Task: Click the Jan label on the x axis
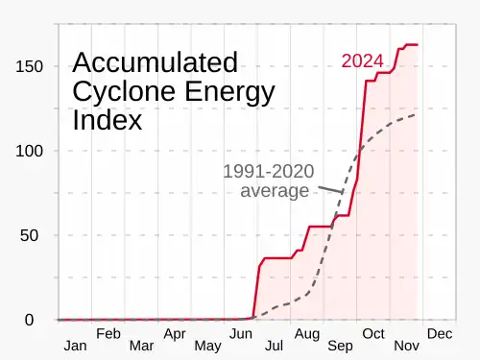75,346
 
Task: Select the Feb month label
108,334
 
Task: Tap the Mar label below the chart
141,346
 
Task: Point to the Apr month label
175,335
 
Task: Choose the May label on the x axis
207,347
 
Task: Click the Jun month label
241,334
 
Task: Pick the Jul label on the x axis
274,346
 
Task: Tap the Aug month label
307,335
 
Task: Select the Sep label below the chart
340,347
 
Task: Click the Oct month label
373,334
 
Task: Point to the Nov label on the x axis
406,346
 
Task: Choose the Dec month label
440,334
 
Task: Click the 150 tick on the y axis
29,66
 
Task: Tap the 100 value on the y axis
29,151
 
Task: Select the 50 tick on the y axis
29,235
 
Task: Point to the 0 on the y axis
29,320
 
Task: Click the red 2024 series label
362,60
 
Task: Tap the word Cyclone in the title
125,92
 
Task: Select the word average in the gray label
275,191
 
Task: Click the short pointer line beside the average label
330,189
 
